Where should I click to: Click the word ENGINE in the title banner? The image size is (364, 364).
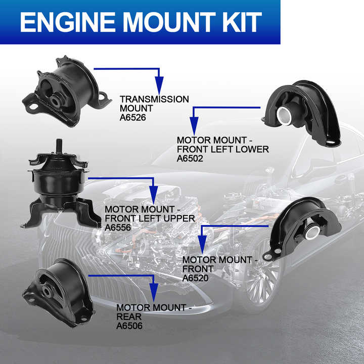click(68, 22)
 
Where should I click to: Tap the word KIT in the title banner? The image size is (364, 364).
click(242, 22)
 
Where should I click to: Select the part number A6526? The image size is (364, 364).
click(133, 117)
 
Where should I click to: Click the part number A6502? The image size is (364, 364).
click(190, 159)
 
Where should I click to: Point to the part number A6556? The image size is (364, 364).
click(118, 227)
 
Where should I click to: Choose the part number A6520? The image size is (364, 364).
click(196, 278)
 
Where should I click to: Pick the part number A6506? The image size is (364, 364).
click(129, 326)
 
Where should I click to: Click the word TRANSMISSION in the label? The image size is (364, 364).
click(154, 100)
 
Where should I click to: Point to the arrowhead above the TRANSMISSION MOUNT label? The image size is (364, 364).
click(159, 85)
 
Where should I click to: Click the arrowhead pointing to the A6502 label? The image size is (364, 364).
click(194, 125)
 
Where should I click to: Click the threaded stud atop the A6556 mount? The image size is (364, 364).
click(59, 145)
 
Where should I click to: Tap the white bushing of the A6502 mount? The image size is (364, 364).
click(284, 115)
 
